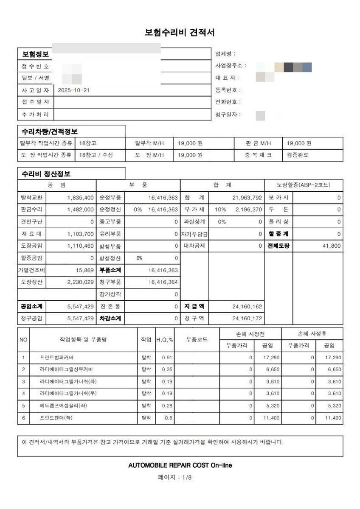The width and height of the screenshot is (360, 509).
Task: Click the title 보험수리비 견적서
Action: click(x=180, y=33)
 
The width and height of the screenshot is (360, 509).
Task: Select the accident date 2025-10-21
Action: click(x=73, y=90)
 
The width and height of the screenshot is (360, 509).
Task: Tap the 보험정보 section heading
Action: click(x=36, y=54)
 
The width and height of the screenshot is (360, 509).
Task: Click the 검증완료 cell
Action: click(x=298, y=155)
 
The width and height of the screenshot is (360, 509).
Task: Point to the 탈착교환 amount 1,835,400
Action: click(x=80, y=198)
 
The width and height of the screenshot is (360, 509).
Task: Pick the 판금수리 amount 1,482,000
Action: click(x=80, y=210)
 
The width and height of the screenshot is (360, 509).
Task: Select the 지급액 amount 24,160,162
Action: click(x=247, y=306)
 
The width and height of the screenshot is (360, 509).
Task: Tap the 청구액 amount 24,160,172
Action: click(x=247, y=318)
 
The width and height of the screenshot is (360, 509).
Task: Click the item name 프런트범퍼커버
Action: click(x=59, y=358)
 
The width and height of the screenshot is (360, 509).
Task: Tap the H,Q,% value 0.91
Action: click(x=167, y=358)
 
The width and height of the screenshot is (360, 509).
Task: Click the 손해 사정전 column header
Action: click(x=250, y=334)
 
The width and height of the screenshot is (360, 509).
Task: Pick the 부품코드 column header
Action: click(x=197, y=340)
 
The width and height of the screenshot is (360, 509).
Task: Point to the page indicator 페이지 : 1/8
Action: click(x=180, y=477)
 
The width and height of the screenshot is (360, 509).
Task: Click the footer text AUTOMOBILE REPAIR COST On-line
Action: click(x=180, y=465)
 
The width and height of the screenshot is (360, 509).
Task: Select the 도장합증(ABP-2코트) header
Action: click(x=304, y=185)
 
